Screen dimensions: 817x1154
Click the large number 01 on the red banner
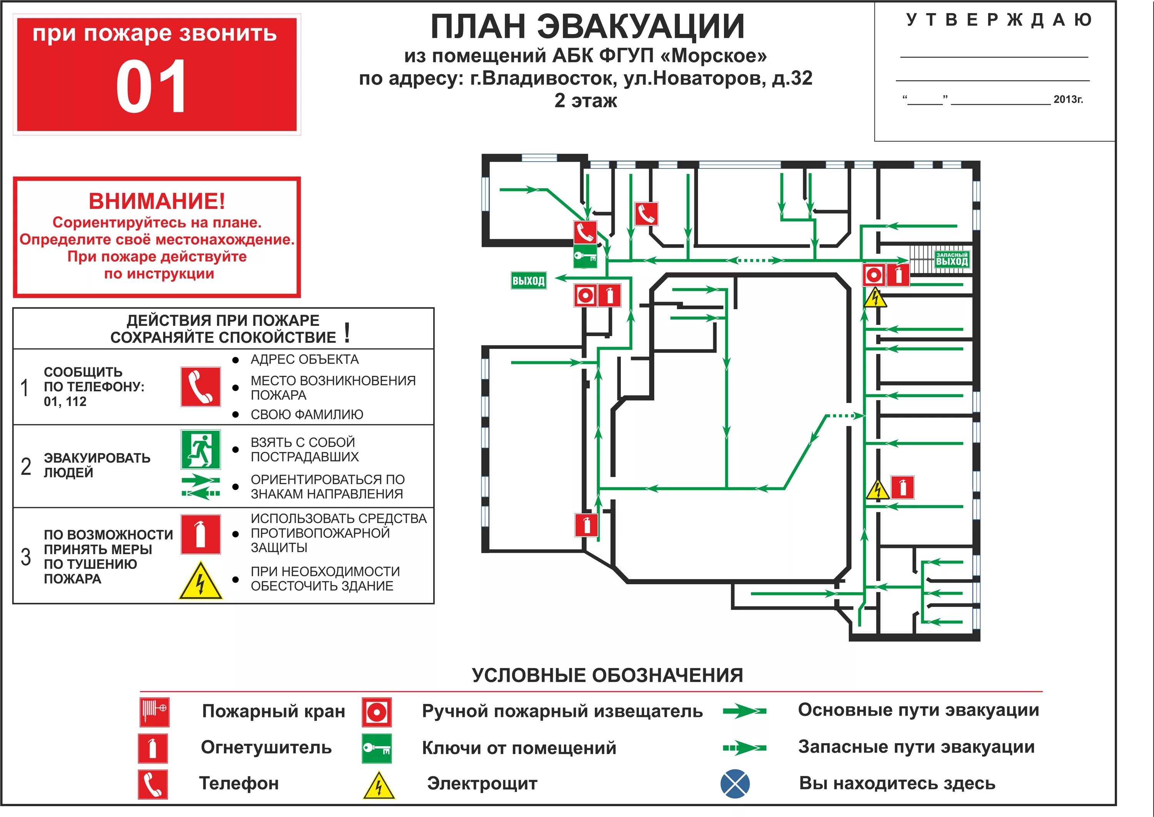pyautogui.click(x=151, y=87)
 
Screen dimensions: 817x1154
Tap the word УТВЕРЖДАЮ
pyautogui.click(x=999, y=20)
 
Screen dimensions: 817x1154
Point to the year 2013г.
pyautogui.click(x=1068, y=100)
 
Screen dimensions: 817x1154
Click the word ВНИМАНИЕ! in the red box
pyautogui.click(x=157, y=201)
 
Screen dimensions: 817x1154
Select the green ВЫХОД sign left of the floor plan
pyautogui.click(x=528, y=281)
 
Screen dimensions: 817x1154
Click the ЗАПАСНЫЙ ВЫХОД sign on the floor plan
pyautogui.click(x=951, y=259)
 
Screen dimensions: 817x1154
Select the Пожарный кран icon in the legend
pyautogui.click(x=154, y=712)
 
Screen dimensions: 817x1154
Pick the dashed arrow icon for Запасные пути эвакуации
pyautogui.click(x=744, y=748)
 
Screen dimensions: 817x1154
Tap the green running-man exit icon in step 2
pyautogui.click(x=200, y=449)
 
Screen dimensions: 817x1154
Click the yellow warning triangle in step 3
pyautogui.click(x=200, y=581)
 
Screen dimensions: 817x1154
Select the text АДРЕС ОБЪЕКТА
pyautogui.click(x=304, y=360)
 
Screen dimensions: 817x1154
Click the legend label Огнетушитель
pyautogui.click(x=266, y=748)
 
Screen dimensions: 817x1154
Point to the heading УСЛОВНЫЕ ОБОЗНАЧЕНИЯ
pyautogui.click(x=607, y=675)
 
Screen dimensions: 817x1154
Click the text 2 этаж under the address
pyautogui.click(x=585, y=101)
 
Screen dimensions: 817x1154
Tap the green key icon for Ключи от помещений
pyautogui.click(x=376, y=749)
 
